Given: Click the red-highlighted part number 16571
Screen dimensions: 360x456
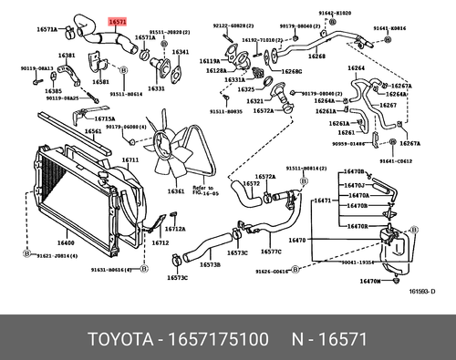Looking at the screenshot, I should (x=119, y=19).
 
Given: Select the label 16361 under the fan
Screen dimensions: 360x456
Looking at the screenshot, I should (x=175, y=191).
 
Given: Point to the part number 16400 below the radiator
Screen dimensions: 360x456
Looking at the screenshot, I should (x=66, y=243).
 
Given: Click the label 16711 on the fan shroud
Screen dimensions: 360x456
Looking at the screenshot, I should (x=130, y=159).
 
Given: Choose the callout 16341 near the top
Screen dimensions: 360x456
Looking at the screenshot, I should (x=181, y=53).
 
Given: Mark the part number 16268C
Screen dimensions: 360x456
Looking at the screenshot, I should (x=292, y=70).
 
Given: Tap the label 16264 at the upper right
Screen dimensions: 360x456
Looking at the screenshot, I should (x=357, y=67).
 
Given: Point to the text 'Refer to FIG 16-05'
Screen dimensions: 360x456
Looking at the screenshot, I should (x=202, y=190).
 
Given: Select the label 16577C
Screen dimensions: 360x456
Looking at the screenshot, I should (x=272, y=250).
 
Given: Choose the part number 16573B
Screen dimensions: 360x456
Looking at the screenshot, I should (x=210, y=264).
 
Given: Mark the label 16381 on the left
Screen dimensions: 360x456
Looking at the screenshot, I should (x=67, y=56).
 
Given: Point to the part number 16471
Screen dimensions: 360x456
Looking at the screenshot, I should (x=322, y=201).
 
